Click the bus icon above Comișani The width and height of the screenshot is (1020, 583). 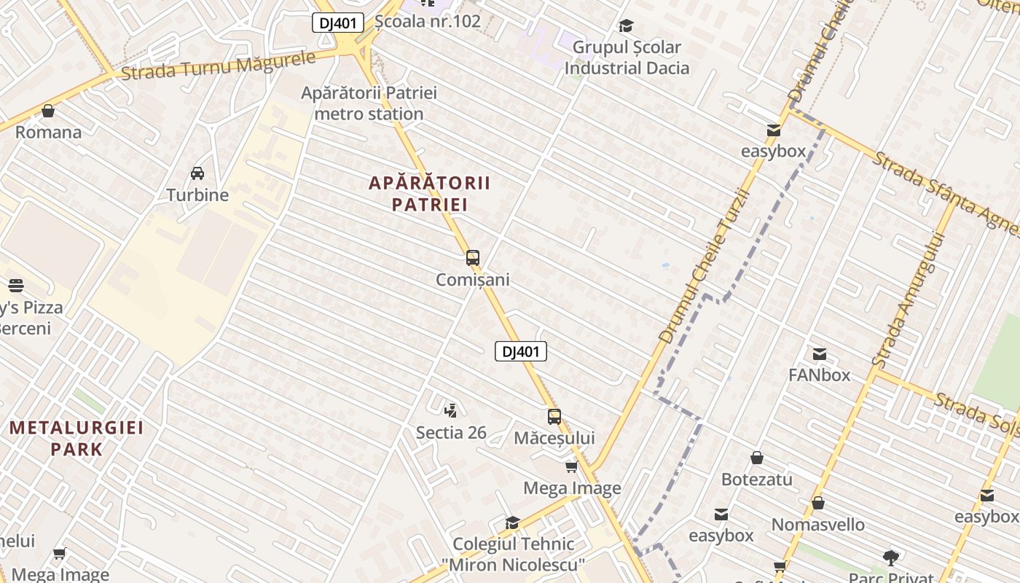click(473, 258)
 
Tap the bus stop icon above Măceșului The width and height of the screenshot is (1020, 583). click(554, 417)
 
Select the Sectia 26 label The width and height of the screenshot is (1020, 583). click(451, 433)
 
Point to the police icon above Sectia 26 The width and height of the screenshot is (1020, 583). click(451, 410)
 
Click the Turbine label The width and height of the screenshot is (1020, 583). click(197, 195)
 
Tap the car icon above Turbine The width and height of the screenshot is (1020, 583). click(197, 173)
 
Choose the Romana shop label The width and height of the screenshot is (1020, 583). click(48, 133)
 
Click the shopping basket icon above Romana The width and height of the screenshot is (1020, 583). click(48, 111)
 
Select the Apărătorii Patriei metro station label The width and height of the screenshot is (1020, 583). click(369, 103)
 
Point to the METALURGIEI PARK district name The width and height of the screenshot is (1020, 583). click(76, 438)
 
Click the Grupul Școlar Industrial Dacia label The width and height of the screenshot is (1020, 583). click(627, 58)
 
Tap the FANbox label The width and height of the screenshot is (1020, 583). click(820, 375)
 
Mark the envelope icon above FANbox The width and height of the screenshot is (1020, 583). click(820, 354)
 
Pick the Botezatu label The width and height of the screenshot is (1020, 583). click(757, 480)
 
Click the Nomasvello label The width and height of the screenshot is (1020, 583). click(818, 525)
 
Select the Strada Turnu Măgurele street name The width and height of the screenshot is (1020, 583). click(218, 66)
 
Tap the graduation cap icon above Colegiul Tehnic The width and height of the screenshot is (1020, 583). click(513, 523)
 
